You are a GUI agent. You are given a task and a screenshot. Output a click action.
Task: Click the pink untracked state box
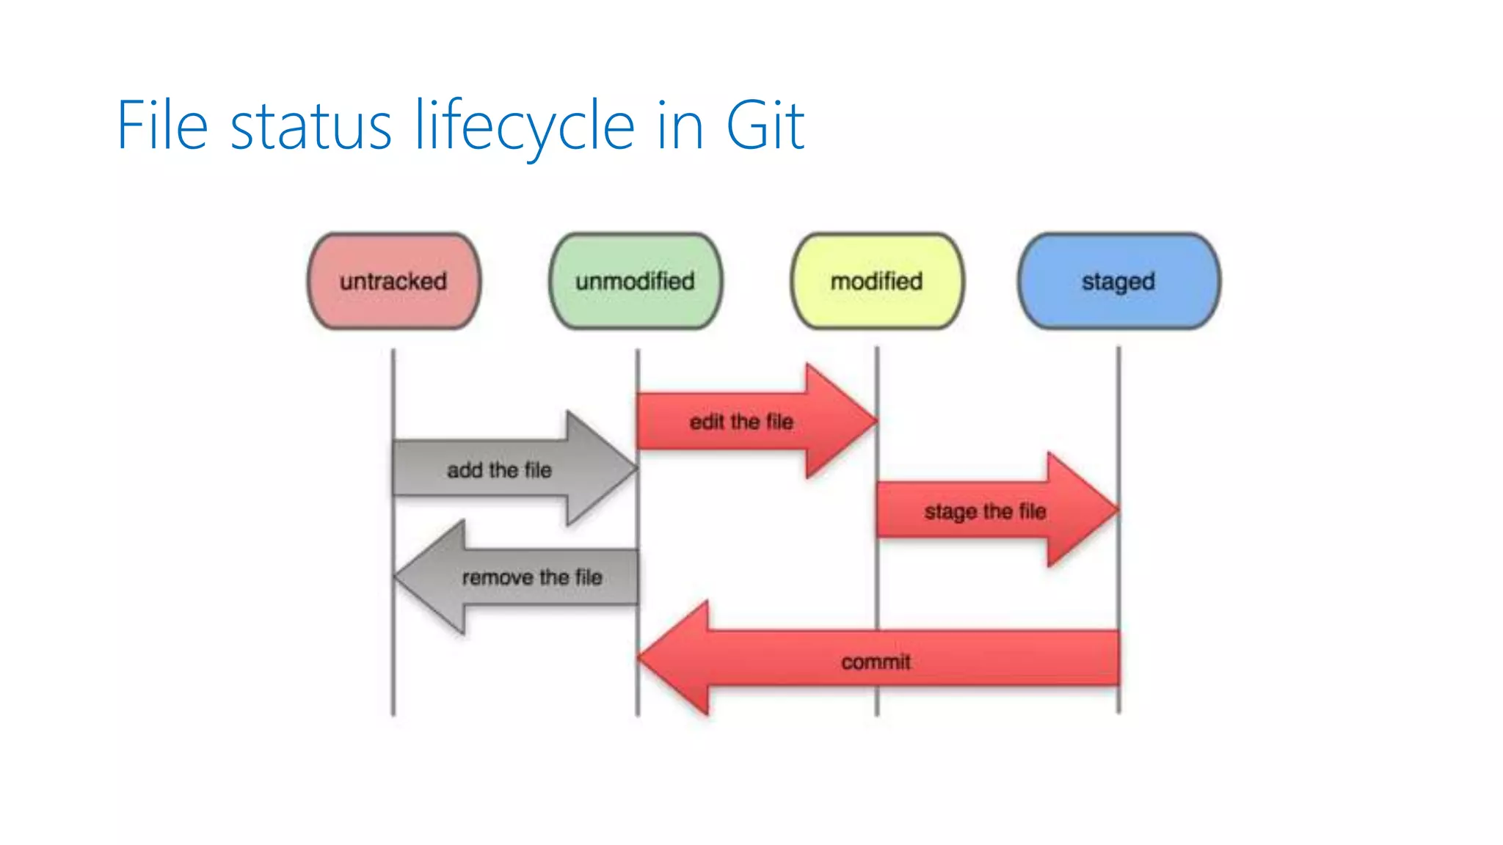tap(394, 281)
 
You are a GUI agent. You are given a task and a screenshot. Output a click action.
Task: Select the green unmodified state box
tap(636, 281)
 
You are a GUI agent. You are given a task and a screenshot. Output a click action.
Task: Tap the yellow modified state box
tap(877, 281)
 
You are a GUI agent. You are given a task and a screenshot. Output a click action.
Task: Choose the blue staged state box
tap(1118, 281)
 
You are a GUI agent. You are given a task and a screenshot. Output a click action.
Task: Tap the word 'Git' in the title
tap(765, 126)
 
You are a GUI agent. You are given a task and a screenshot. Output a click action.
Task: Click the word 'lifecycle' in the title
tap(524, 126)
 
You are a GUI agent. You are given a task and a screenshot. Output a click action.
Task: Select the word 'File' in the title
tap(162, 126)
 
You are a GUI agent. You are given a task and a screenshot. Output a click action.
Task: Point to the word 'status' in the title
tap(310, 126)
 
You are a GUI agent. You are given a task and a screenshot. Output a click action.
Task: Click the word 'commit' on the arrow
tap(876, 662)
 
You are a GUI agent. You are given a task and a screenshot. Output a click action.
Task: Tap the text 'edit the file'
tap(741, 422)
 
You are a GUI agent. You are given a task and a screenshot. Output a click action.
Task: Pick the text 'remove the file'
tap(532, 577)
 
